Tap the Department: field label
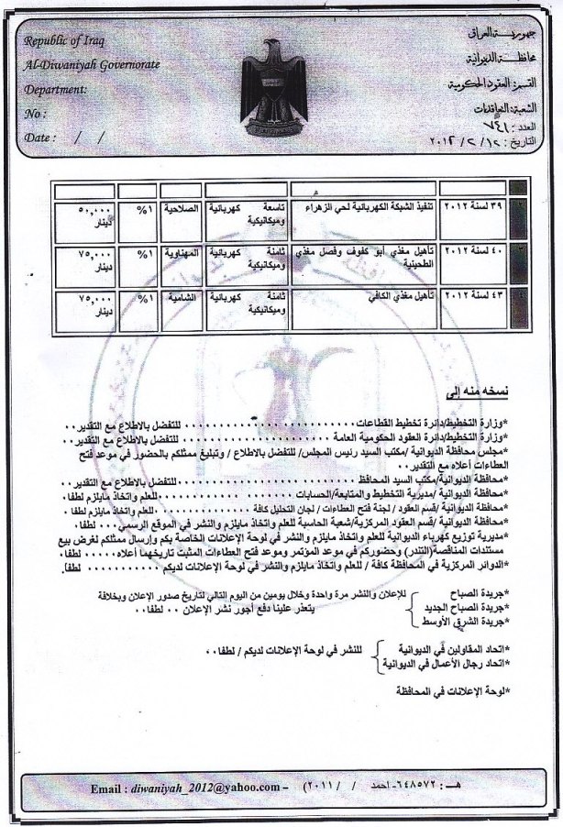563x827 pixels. [57, 90]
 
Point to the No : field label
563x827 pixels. [36, 114]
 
